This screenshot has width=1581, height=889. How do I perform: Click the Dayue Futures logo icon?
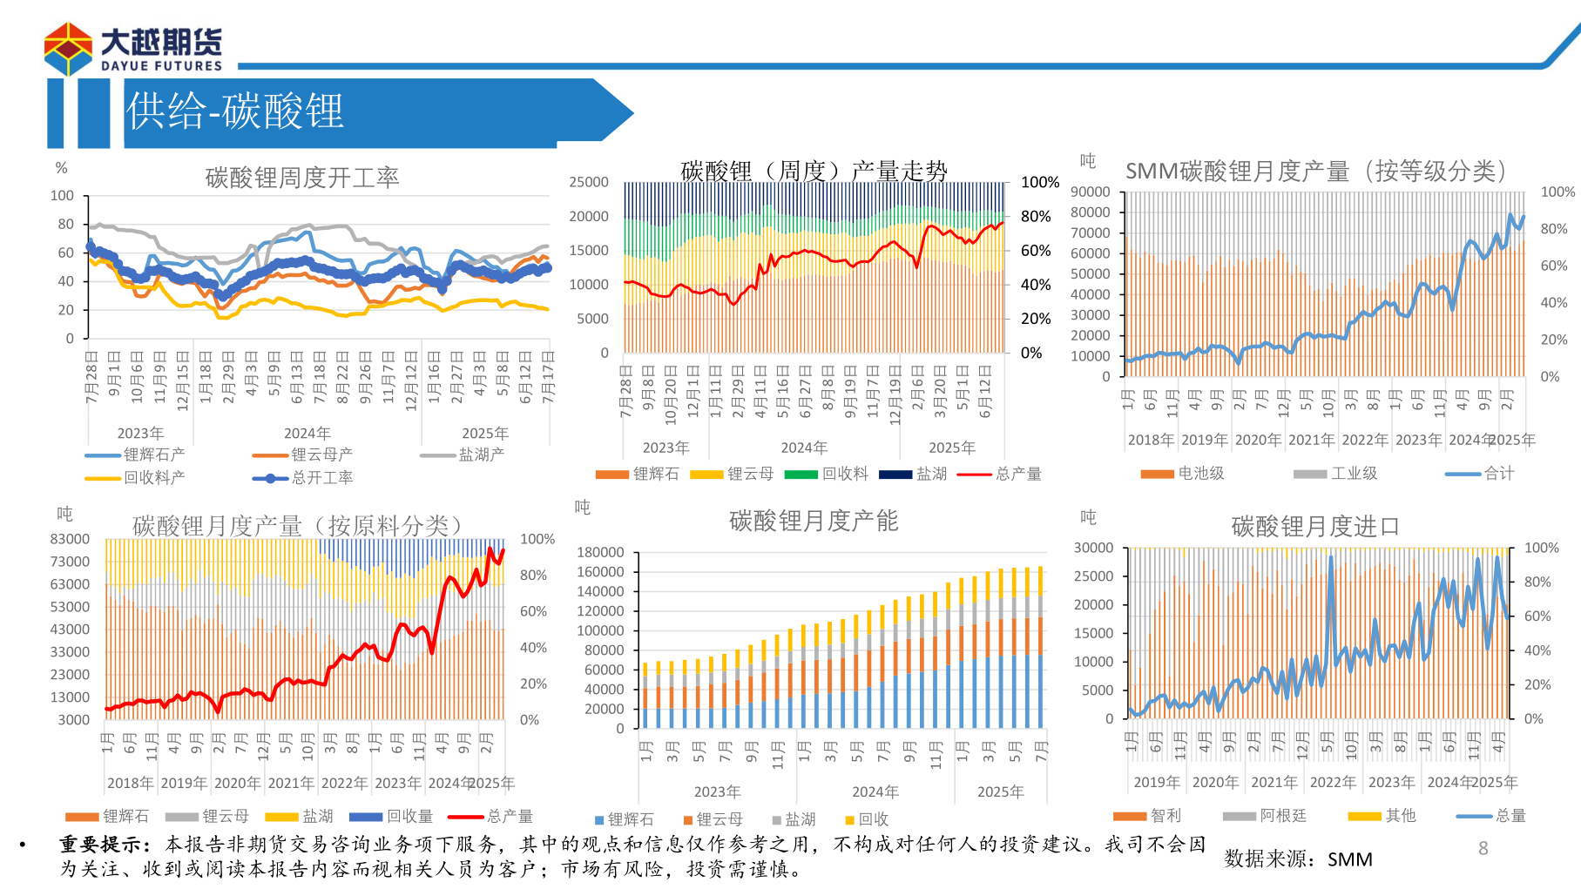coord(68,49)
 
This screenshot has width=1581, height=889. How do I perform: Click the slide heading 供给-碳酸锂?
coord(235,111)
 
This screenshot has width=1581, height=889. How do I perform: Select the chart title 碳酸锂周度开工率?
coord(301,178)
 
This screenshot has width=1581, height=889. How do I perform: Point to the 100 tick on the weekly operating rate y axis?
coord(62,195)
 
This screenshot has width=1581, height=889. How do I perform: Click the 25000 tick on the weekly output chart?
coord(589,182)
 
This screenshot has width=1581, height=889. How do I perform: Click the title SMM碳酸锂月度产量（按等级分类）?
coord(1315,171)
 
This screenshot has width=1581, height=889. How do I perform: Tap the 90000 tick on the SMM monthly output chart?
coord(1091,192)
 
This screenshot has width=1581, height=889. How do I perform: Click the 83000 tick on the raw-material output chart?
coord(70,539)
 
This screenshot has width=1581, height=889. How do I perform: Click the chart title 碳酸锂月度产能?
coord(813,521)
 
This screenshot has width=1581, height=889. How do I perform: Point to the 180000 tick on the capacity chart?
coord(600,552)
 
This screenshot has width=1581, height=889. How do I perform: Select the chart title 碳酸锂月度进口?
coord(1314,526)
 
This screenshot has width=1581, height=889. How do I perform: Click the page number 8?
coord(1483,848)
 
